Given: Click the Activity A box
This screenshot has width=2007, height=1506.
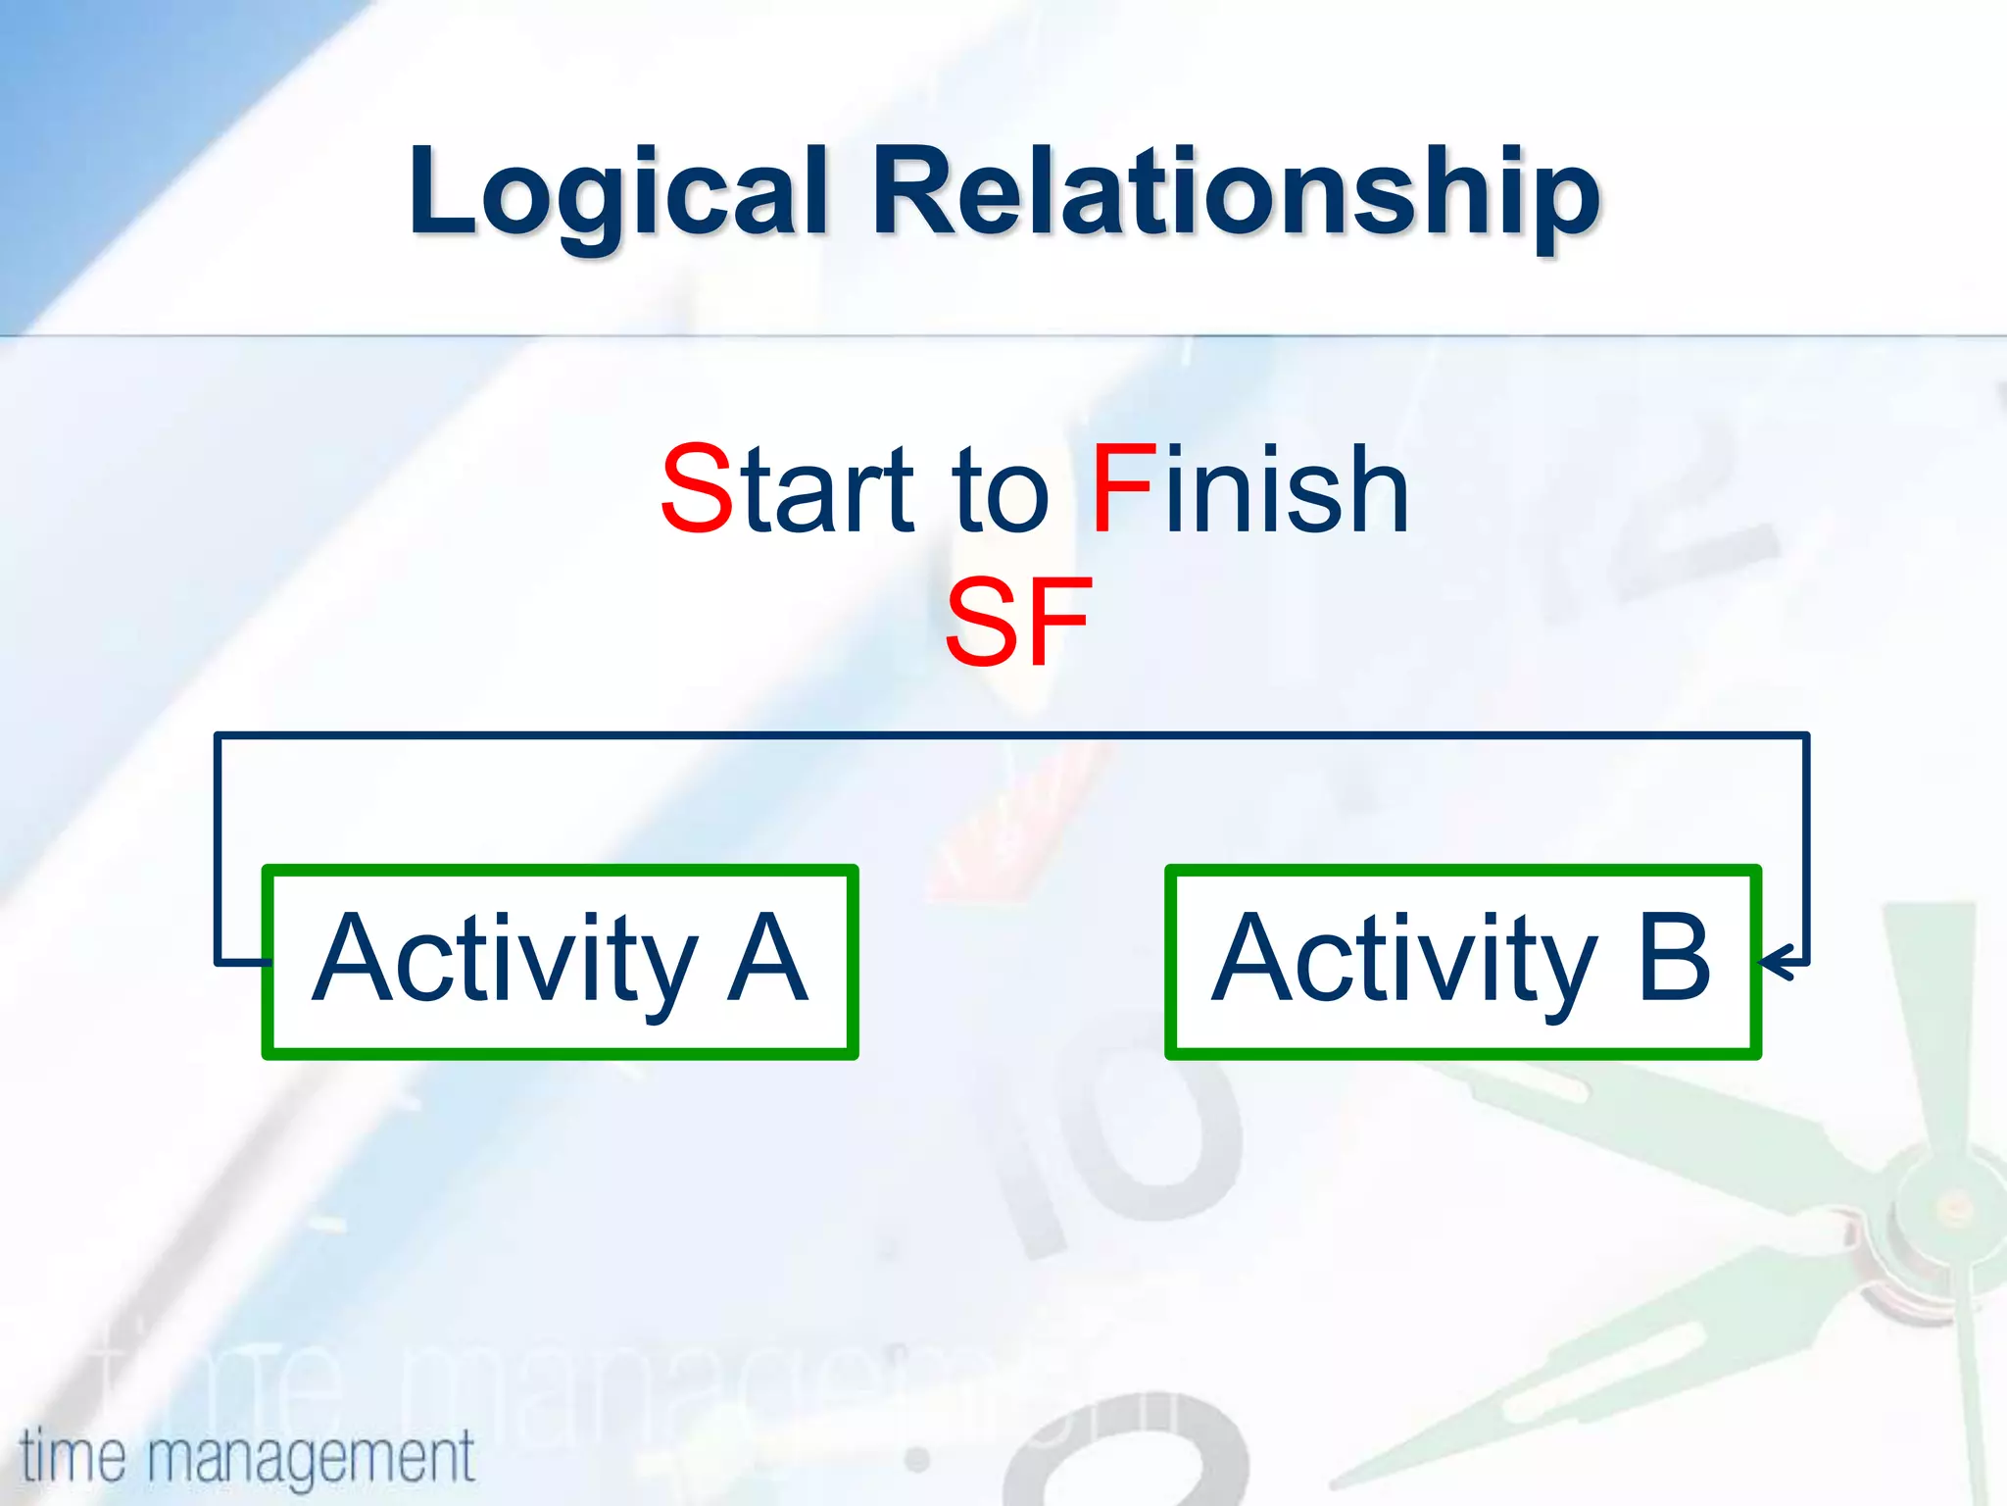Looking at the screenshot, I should click(x=560, y=961).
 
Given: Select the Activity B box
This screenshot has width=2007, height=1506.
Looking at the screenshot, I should click(x=1462, y=961).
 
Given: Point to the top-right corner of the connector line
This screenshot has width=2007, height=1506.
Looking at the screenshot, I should click(x=1805, y=735).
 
